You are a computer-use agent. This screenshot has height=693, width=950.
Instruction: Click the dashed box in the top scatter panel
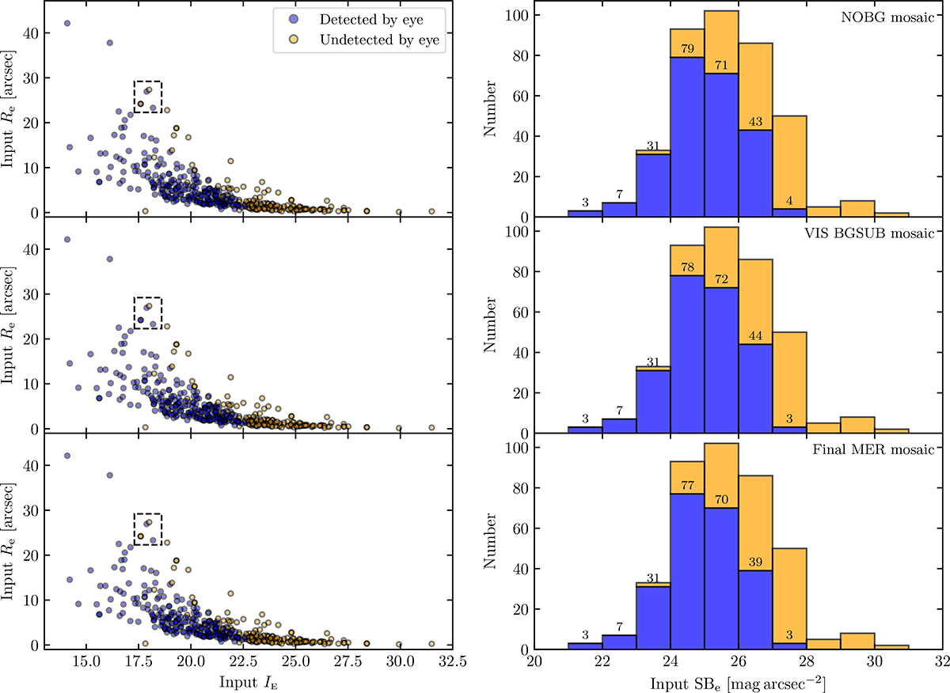[x=148, y=97]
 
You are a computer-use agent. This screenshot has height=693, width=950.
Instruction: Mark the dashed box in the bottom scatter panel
[x=148, y=529]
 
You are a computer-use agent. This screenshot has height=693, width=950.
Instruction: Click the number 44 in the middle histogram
[x=755, y=338]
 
